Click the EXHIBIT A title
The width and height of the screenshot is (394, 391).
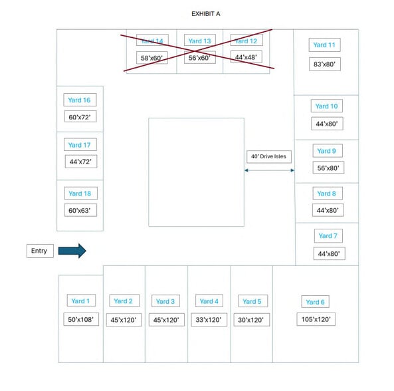tap(206, 14)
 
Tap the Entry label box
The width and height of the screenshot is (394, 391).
tap(40, 251)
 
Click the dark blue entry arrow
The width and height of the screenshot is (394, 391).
tap(72, 251)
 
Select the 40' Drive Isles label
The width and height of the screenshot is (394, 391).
tap(269, 156)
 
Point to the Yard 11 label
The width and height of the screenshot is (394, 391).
tap(324, 45)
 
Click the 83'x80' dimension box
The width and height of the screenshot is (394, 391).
tap(325, 64)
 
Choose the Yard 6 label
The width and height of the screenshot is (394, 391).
tap(315, 302)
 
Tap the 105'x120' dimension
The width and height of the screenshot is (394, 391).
tap(316, 319)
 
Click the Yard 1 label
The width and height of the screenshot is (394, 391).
tap(81, 301)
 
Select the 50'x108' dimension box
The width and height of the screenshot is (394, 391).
tap(81, 319)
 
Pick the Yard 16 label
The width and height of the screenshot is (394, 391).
tap(80, 100)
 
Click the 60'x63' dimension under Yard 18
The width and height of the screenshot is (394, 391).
tap(80, 210)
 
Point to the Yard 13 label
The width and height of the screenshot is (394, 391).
tap(200, 41)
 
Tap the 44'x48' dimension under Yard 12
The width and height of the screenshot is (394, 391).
tap(246, 57)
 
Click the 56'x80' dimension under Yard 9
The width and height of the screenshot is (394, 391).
tap(328, 168)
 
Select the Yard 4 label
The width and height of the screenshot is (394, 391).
tap(209, 301)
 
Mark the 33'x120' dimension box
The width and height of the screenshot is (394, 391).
tap(209, 320)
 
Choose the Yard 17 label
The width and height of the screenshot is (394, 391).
tap(80, 144)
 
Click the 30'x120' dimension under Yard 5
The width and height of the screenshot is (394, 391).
tap(252, 320)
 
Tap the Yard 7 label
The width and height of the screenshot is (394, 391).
tap(328, 236)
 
